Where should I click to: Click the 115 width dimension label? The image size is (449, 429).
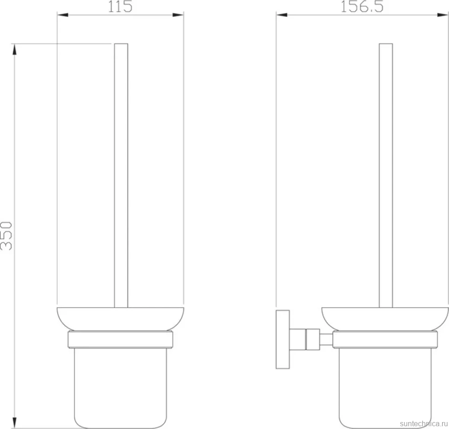tap(120, 6)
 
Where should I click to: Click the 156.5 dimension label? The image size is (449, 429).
tap(362, 6)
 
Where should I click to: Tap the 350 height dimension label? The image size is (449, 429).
tap(6, 236)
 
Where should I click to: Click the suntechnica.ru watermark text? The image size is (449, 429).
tap(424, 423)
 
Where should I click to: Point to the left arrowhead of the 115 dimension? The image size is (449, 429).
tap(62, 15)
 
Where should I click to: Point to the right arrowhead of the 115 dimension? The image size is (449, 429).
tap(178, 15)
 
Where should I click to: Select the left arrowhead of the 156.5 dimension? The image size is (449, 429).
tap(282, 15)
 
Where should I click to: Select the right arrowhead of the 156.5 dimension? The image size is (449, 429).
tap(443, 15)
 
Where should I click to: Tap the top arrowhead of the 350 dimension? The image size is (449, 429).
tap(14, 49)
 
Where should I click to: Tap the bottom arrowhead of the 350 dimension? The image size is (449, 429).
tap(14, 423)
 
